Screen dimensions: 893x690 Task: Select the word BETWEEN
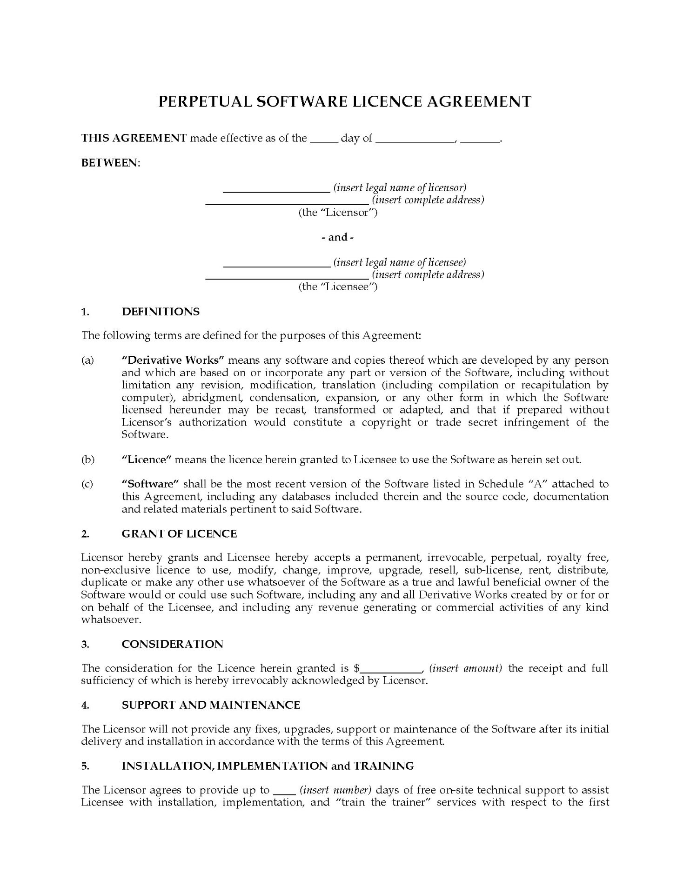pyautogui.click(x=110, y=163)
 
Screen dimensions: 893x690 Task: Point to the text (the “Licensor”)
pyautogui.click(x=338, y=213)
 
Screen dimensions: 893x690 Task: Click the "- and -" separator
pyautogui.click(x=338, y=237)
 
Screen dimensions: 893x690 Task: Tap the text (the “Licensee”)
pyautogui.click(x=338, y=287)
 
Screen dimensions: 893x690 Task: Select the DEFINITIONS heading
pyautogui.click(x=161, y=312)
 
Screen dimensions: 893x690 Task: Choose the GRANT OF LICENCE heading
pyautogui.click(x=179, y=533)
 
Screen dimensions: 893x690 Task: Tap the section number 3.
pyautogui.click(x=85, y=644)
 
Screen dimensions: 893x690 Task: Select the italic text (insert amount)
pyautogui.click(x=465, y=668)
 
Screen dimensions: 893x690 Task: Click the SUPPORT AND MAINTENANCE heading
pyautogui.click(x=211, y=705)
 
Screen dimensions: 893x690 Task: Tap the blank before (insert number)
pyautogui.click(x=284, y=791)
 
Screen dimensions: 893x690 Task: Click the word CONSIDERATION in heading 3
pyautogui.click(x=172, y=644)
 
